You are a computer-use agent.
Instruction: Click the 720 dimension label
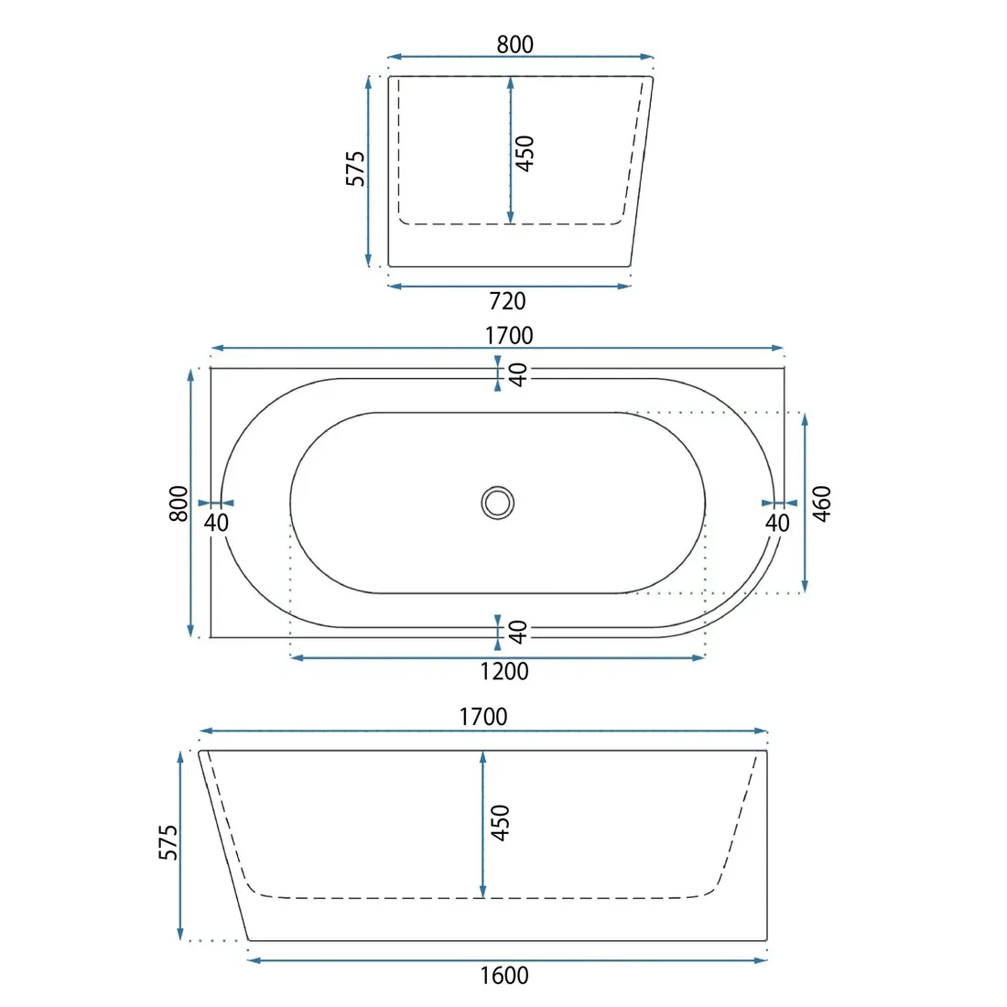507,300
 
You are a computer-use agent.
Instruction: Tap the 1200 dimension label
504,671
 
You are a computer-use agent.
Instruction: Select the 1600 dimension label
504,976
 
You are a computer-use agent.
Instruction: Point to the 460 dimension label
822,503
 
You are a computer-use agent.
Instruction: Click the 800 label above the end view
515,44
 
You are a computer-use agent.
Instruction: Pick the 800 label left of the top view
179,503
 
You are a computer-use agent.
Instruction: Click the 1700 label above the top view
509,335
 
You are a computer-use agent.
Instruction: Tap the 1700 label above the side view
483,717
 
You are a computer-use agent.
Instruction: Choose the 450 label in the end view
525,154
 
